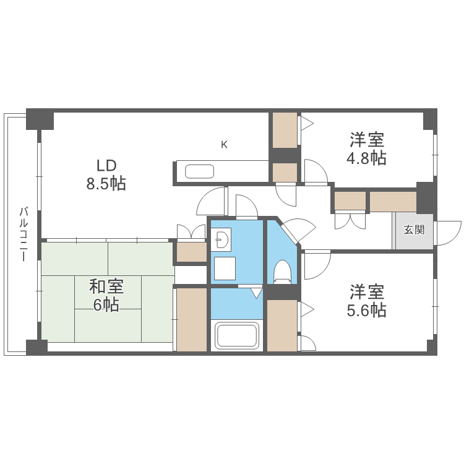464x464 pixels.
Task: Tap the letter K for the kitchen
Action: coord(224,145)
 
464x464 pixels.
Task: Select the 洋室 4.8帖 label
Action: coord(366,148)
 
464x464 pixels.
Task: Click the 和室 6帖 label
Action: coord(106,296)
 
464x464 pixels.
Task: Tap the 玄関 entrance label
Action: coord(414,230)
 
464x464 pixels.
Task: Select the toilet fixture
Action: coord(282,271)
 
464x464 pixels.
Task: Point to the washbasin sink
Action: coord(221,238)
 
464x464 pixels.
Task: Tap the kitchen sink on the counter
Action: coord(199,171)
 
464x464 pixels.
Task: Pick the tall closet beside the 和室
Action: coord(191,319)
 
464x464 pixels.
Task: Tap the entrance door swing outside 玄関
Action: coord(447,233)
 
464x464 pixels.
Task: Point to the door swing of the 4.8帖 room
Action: coord(316,171)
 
